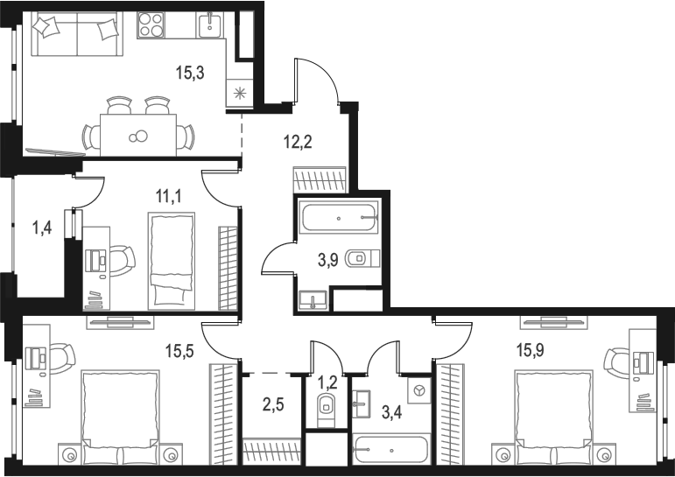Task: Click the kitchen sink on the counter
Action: pos(210,25)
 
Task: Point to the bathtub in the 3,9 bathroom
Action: pos(338,216)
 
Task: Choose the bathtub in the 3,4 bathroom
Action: pos(390,450)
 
